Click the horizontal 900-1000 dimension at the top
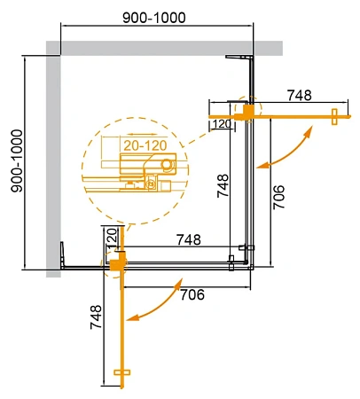coord(154,18)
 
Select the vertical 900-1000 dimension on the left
coord(17,161)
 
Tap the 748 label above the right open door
coord(300,95)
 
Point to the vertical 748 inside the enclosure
coord(223,185)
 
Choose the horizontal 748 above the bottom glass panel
coord(189,239)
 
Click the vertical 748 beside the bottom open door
coord(96,317)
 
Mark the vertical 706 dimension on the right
coord(278,197)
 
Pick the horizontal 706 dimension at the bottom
coord(192,294)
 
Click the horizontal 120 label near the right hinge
coord(222,124)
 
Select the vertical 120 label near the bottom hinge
coord(112,238)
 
